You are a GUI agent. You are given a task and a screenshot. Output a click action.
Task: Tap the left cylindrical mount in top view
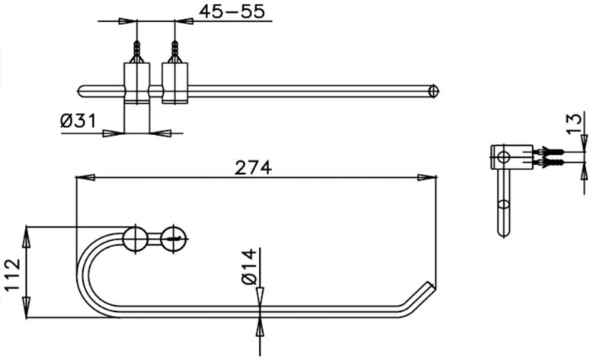pos(137,82)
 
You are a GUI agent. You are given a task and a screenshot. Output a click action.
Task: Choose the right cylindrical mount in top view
pos(175,82)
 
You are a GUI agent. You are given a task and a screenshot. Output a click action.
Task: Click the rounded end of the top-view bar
pos(434,92)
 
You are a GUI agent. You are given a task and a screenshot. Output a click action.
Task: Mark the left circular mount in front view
pos(136,237)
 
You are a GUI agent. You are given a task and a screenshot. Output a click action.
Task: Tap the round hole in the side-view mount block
pos(502,159)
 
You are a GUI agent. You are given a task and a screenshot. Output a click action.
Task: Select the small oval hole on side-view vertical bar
pos(502,205)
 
